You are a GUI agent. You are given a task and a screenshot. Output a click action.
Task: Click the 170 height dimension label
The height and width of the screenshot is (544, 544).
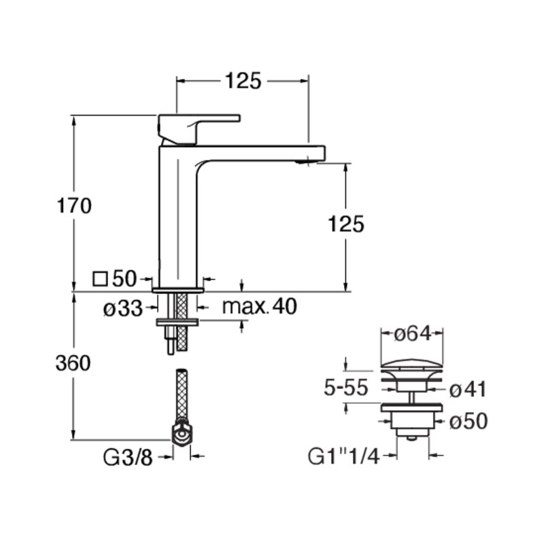[x=74, y=205]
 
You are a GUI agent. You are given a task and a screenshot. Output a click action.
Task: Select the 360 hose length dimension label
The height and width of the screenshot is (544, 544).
[x=73, y=363]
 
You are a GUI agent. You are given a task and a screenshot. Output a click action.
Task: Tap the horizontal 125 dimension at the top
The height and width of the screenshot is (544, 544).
[x=243, y=81]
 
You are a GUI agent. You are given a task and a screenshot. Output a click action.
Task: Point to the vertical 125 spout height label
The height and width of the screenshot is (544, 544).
[x=346, y=224]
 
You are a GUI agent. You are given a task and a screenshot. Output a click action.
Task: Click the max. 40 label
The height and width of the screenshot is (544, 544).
[x=260, y=307]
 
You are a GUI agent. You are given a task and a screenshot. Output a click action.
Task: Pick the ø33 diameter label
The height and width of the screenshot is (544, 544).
[x=123, y=309]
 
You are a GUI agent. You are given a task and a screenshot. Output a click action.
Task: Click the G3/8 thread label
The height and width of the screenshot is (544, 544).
[x=128, y=458]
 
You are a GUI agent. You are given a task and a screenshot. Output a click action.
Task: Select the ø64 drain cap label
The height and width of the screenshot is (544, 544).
[x=413, y=334]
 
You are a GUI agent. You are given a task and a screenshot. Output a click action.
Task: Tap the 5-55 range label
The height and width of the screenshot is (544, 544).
[x=345, y=387]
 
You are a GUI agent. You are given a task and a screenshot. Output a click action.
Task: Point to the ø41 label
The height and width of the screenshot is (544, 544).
[x=468, y=389]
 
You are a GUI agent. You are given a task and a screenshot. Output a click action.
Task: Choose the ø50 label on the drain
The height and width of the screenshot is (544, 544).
[x=469, y=421]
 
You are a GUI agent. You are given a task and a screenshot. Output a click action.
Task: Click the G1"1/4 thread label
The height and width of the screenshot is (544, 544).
[x=343, y=456]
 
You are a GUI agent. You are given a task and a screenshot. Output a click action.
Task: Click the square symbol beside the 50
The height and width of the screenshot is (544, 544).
[x=100, y=279]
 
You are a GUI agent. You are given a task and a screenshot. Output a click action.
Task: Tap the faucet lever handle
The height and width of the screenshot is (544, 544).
[x=194, y=129]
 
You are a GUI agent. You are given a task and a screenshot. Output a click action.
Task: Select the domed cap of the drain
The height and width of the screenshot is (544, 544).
[x=412, y=363]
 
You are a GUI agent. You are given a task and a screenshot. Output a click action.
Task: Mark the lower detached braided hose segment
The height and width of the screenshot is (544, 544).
[x=182, y=396]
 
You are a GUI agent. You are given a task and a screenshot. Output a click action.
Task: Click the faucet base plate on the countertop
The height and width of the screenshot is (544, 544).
[x=178, y=290]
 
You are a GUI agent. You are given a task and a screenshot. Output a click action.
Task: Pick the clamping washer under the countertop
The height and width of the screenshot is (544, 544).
[x=177, y=322]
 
